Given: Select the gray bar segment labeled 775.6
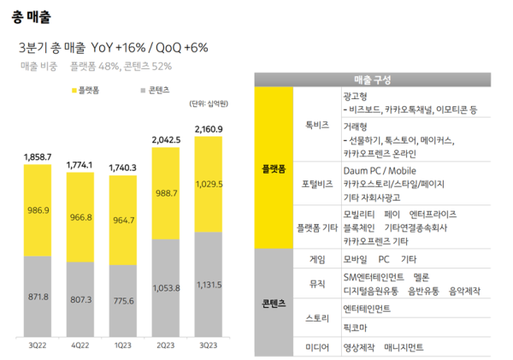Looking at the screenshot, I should [x=123, y=302].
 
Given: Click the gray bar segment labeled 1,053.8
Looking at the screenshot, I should [x=166, y=287].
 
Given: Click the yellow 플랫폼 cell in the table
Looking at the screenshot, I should [x=274, y=168].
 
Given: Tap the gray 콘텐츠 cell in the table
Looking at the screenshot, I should [x=274, y=303].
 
